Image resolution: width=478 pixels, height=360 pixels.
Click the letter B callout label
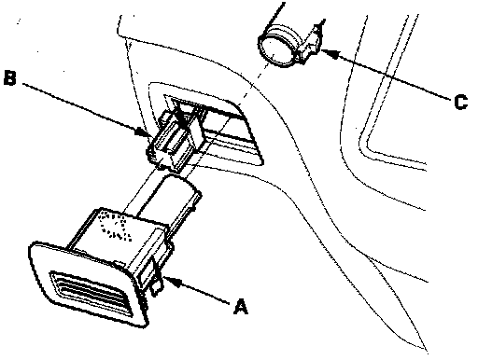coord(9,77)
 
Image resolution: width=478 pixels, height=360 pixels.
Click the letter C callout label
coord(461,102)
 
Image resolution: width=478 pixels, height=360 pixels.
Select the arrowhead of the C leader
coord(330,53)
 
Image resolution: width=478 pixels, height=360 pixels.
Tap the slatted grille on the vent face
coord(90,292)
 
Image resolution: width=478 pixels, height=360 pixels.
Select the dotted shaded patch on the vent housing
coord(114,226)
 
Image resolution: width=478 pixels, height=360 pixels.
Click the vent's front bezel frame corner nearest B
coord(32,246)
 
